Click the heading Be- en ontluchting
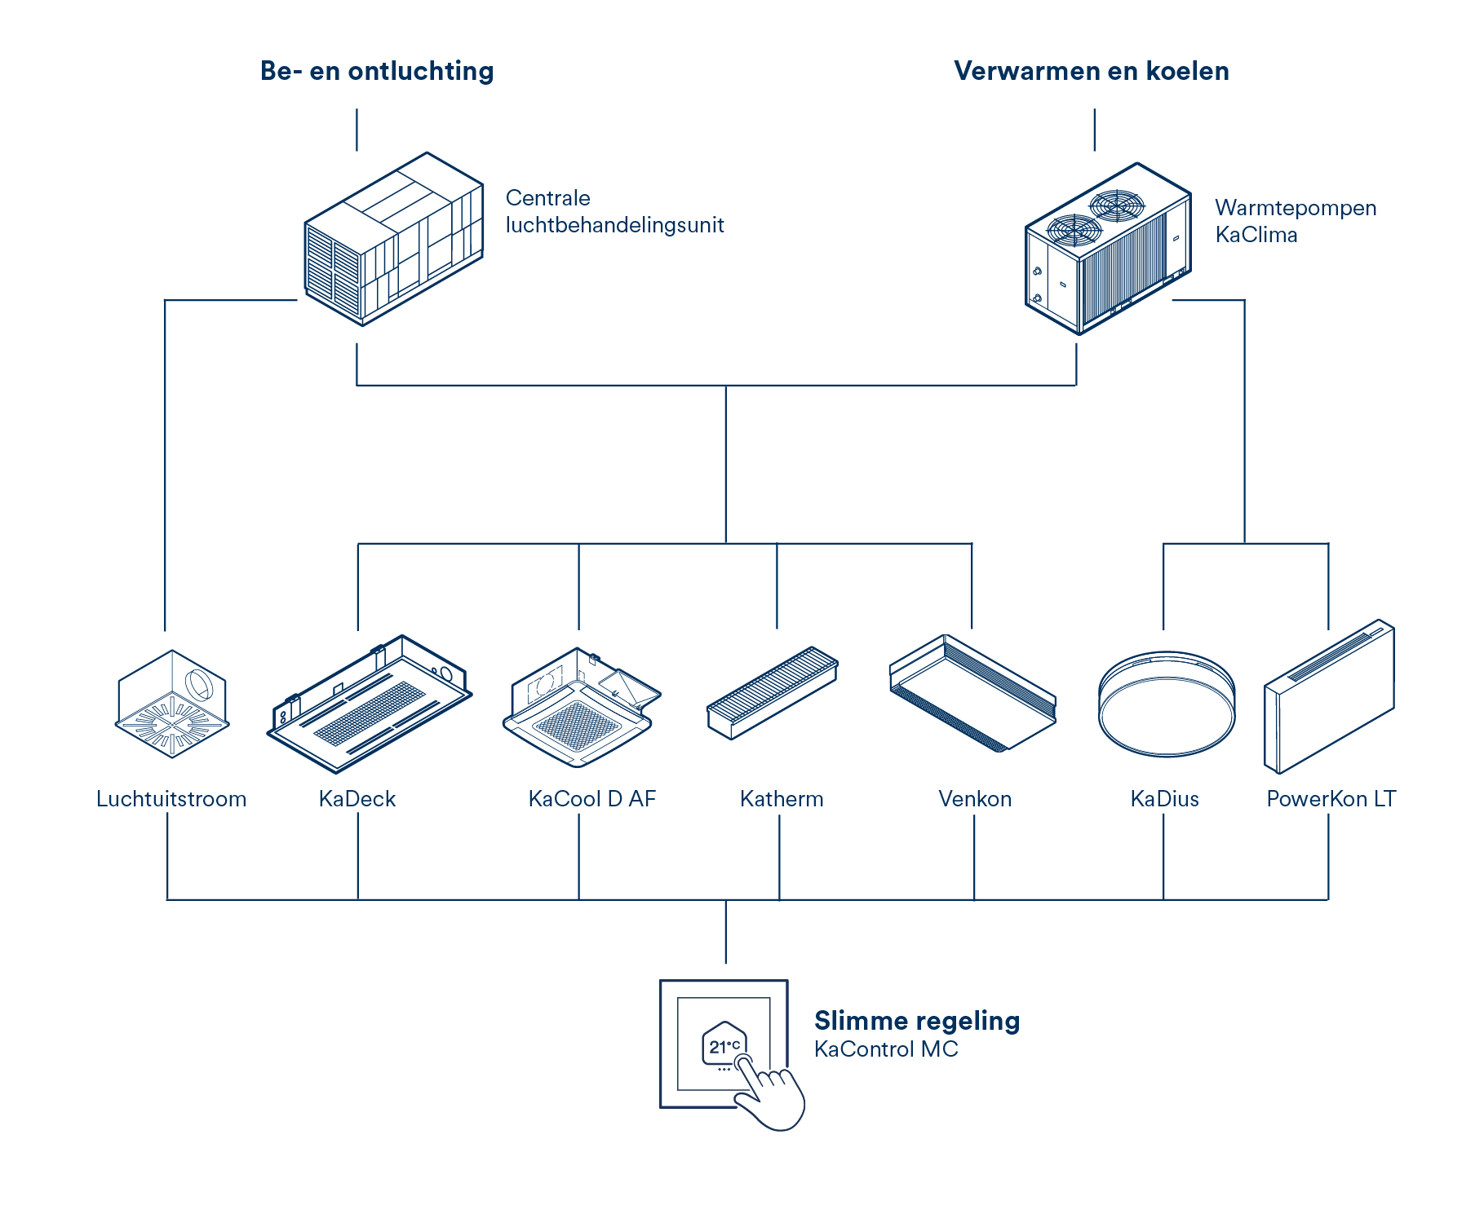(x=377, y=72)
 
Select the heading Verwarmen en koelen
(x=1091, y=72)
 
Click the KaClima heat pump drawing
(x=1107, y=249)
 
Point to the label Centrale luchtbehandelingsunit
(x=614, y=211)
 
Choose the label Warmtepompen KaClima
(x=1295, y=221)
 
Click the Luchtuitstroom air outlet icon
(x=172, y=704)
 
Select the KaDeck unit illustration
(x=370, y=703)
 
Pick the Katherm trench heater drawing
(x=772, y=693)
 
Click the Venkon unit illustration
(x=972, y=693)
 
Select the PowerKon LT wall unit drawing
(x=1329, y=697)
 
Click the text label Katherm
(x=782, y=799)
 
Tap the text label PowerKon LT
(x=1331, y=799)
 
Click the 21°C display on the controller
(x=723, y=1046)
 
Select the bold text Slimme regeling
(x=916, y=1021)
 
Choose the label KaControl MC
(x=886, y=1049)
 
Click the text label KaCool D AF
(x=591, y=799)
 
